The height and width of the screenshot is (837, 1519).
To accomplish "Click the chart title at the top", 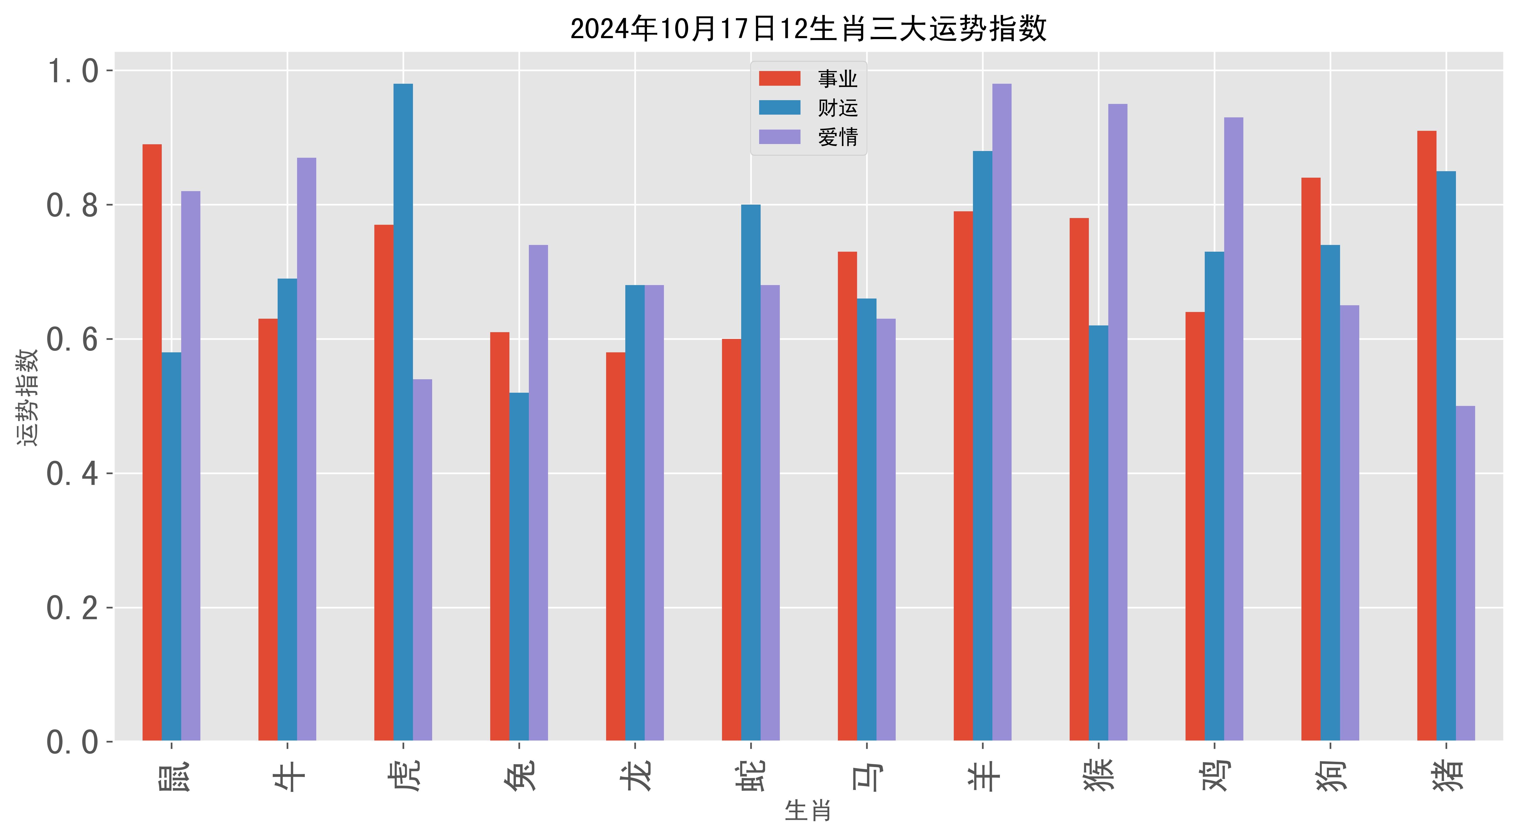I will tap(808, 28).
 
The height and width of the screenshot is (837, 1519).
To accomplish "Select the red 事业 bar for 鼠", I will tap(152, 442).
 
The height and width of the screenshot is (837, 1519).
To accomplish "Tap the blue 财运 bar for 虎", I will tap(403, 413).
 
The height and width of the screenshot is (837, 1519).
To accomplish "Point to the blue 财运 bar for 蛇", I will tap(751, 471).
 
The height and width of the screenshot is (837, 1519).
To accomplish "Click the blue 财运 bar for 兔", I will tap(519, 566).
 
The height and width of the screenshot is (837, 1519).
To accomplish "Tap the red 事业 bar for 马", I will tap(847, 495).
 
